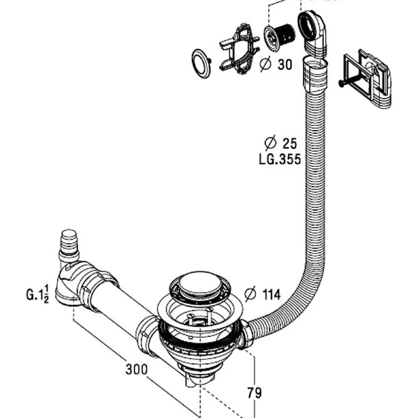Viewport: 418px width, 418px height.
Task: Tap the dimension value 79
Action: (x=254, y=393)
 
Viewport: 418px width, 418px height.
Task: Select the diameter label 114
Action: (x=263, y=294)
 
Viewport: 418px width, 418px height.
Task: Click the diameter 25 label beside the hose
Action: (x=281, y=143)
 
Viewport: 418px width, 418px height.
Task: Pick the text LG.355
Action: (x=280, y=159)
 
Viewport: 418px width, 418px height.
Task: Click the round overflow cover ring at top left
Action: (x=201, y=64)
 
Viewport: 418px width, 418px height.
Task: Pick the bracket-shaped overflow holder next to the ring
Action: (x=239, y=49)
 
